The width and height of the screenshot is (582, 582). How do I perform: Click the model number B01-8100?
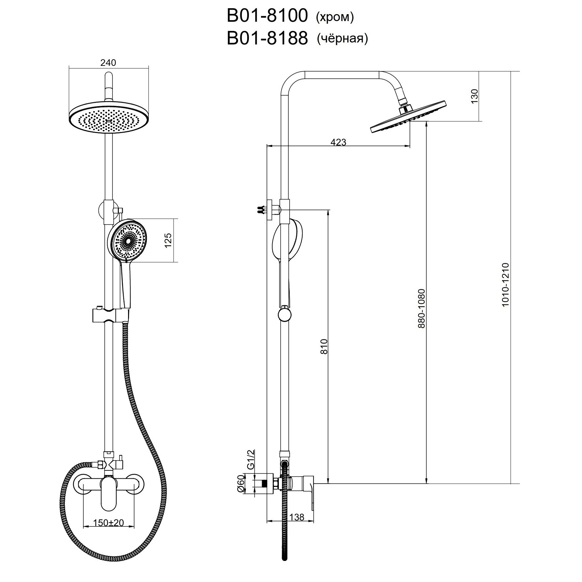pos(267,16)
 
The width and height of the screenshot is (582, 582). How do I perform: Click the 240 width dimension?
pos(108,63)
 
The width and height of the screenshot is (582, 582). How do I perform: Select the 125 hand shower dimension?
pos(168,240)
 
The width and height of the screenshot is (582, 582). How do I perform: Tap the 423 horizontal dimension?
pos(338,142)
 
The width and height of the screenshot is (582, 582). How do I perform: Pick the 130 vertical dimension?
pos(474,96)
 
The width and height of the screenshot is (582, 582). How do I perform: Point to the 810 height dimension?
pos(325,346)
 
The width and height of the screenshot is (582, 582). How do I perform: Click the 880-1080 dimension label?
pos(422,308)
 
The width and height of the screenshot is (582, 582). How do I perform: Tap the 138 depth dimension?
pos(297,517)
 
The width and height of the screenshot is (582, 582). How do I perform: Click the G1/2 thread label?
pos(251,460)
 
